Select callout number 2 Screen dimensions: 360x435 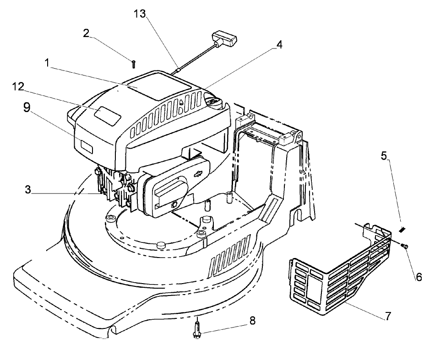pyautogui.click(x=86, y=33)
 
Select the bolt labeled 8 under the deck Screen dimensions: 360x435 pyautogui.click(x=197, y=330)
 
